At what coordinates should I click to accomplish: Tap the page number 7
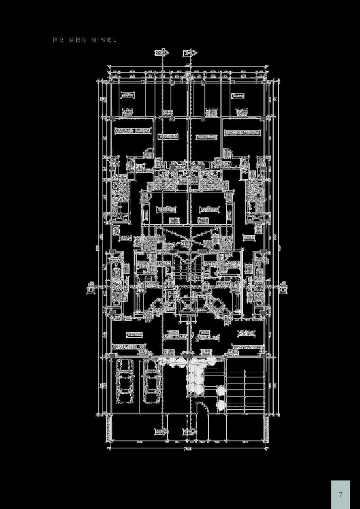(340, 495)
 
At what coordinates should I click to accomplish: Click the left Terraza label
(128, 95)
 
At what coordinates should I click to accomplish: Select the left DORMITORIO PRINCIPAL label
(133, 131)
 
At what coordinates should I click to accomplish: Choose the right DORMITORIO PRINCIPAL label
(243, 133)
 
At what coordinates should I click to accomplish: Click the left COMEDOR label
(166, 210)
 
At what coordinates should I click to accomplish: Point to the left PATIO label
(126, 238)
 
